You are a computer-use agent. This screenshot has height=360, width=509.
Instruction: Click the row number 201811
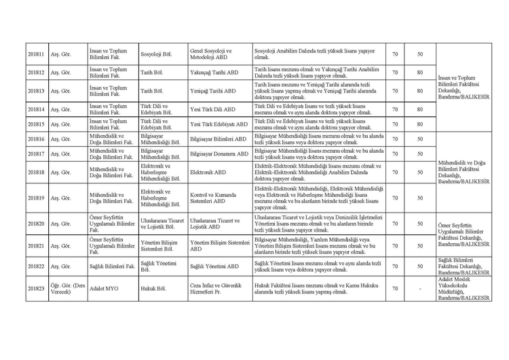pyautogui.click(x=36, y=54)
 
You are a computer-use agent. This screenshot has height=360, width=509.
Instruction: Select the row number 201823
pyautogui.click(x=36, y=288)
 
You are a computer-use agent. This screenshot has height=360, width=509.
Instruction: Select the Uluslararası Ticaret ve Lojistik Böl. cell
pyautogui.click(x=161, y=223)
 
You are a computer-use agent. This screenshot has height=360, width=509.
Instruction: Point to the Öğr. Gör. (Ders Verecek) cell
pyautogui.click(x=67, y=288)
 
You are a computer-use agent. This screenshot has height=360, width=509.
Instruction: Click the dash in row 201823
pyautogui.click(x=420, y=288)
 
